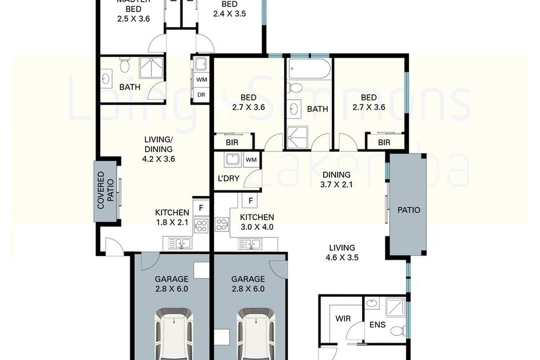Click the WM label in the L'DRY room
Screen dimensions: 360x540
pos(251,160)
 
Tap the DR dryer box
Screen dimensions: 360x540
pos(201,94)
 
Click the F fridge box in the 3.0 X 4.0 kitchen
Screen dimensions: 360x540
pos(250,201)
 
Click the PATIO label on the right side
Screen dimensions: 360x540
pos(408,210)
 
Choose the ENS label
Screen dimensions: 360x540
pos(377,324)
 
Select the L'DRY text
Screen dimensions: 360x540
pos(228,179)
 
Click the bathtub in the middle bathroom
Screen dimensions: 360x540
pos(309,69)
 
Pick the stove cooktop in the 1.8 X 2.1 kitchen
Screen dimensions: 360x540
pos(201,226)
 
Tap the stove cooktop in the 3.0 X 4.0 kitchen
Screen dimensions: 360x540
pos(222,225)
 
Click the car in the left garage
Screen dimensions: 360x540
pos(173,333)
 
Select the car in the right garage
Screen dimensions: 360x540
pos(254,333)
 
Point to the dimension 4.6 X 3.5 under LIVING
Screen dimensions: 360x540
pos(342,257)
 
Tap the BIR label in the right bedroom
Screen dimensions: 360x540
pos(384,143)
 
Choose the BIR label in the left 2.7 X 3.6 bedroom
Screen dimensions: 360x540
pos(232,143)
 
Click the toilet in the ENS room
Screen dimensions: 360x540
pos(397,331)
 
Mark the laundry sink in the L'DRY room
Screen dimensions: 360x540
pos(231,160)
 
